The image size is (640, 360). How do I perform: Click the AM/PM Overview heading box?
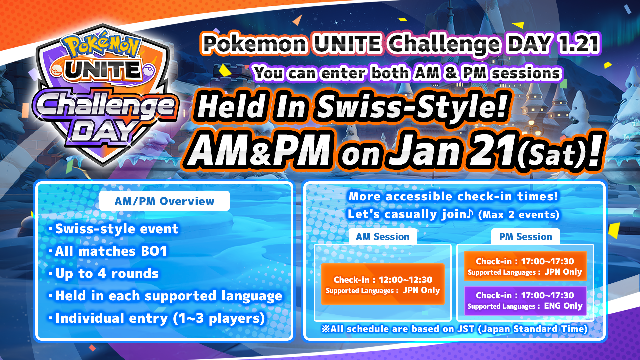[164, 201]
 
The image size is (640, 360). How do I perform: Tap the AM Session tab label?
[383, 236]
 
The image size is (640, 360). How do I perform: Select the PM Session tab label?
[525, 236]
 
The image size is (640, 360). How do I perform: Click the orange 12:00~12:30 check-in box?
[383, 284]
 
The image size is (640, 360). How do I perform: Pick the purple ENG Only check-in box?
[525, 301]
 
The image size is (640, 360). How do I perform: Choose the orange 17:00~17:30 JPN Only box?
[525, 266]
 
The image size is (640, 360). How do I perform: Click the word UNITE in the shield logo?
[103, 71]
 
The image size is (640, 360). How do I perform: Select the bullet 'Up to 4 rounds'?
[104, 274]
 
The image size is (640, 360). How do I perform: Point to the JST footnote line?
[454, 329]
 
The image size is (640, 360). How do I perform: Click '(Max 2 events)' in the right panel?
[519, 215]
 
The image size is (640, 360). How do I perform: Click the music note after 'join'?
[470, 213]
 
